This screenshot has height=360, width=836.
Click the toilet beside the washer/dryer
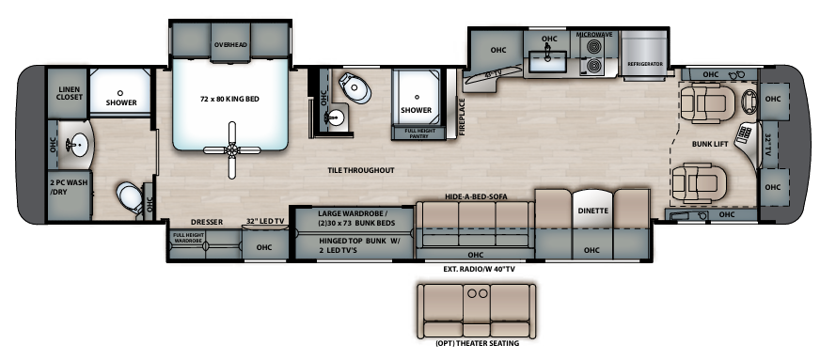(x=130, y=197)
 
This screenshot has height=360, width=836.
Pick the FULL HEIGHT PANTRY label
(x=419, y=133)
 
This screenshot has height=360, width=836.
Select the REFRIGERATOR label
(x=646, y=64)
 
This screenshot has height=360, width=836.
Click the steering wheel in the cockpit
(x=750, y=101)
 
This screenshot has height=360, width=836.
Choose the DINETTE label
(x=592, y=211)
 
